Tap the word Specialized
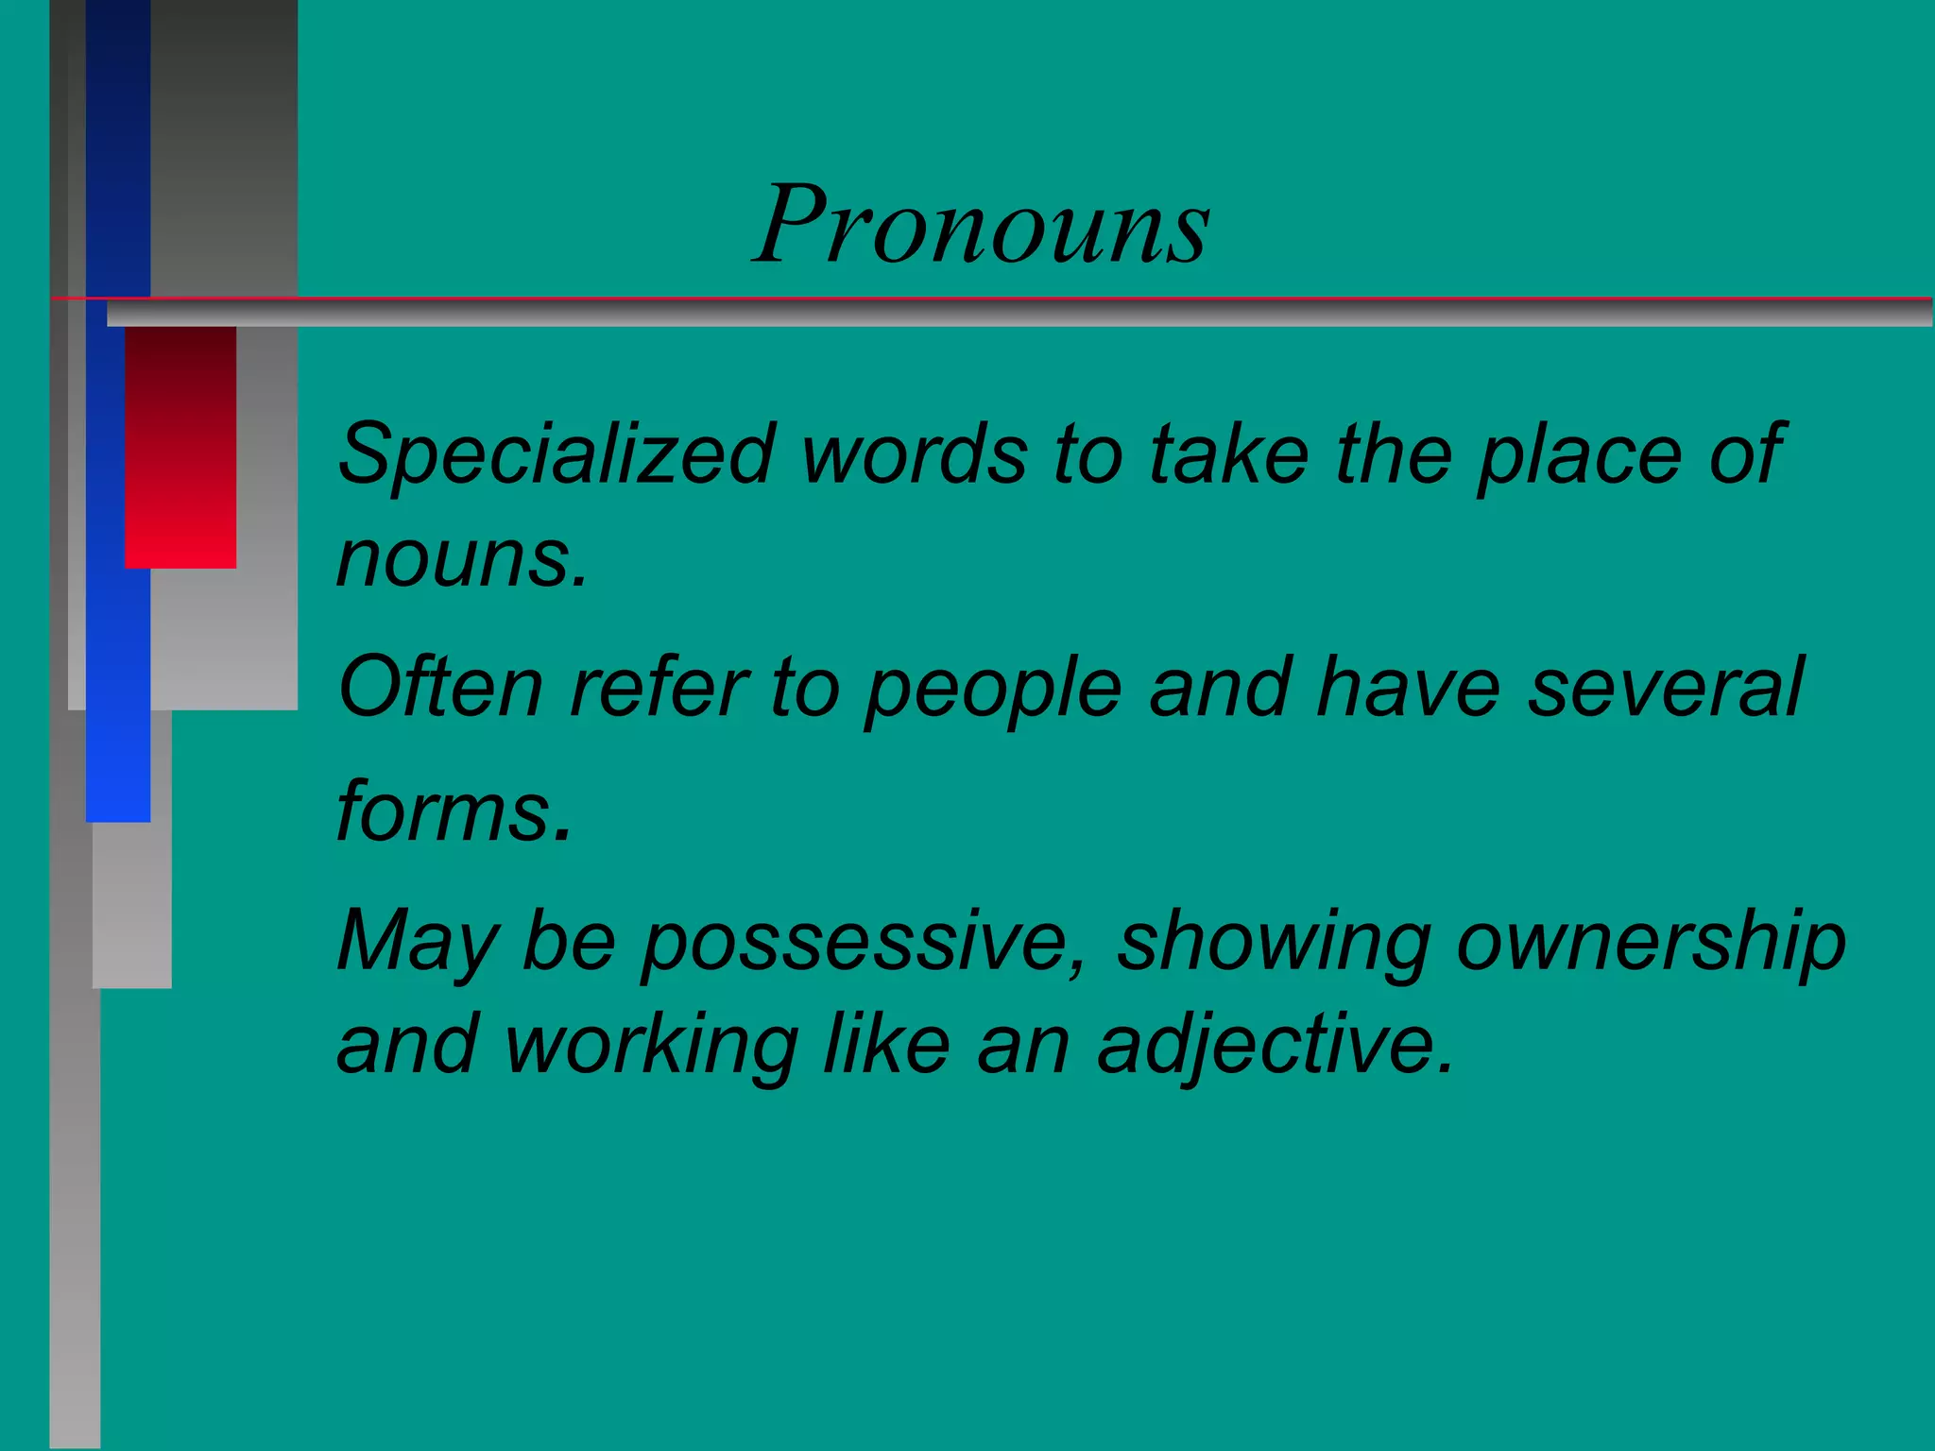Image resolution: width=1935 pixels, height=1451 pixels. click(557, 455)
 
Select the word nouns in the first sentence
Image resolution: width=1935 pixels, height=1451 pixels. click(462, 559)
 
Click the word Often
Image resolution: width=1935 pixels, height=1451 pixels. click(440, 687)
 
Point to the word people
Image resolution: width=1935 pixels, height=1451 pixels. click(993, 691)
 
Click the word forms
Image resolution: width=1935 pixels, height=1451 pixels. click(454, 811)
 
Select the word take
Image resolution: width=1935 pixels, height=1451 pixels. click(1228, 455)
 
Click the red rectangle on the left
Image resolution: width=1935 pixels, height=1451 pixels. click(180, 447)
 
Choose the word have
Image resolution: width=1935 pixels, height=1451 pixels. click(1408, 687)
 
